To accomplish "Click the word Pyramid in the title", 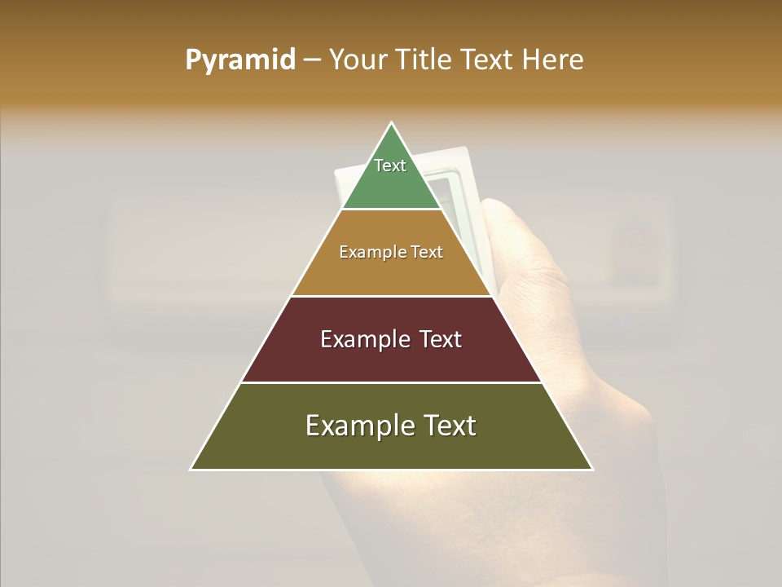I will (x=239, y=60).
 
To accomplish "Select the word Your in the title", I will (x=356, y=60).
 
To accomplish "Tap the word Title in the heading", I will (x=422, y=60).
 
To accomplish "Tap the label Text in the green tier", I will (x=390, y=166).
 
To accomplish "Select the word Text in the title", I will (x=487, y=60).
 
